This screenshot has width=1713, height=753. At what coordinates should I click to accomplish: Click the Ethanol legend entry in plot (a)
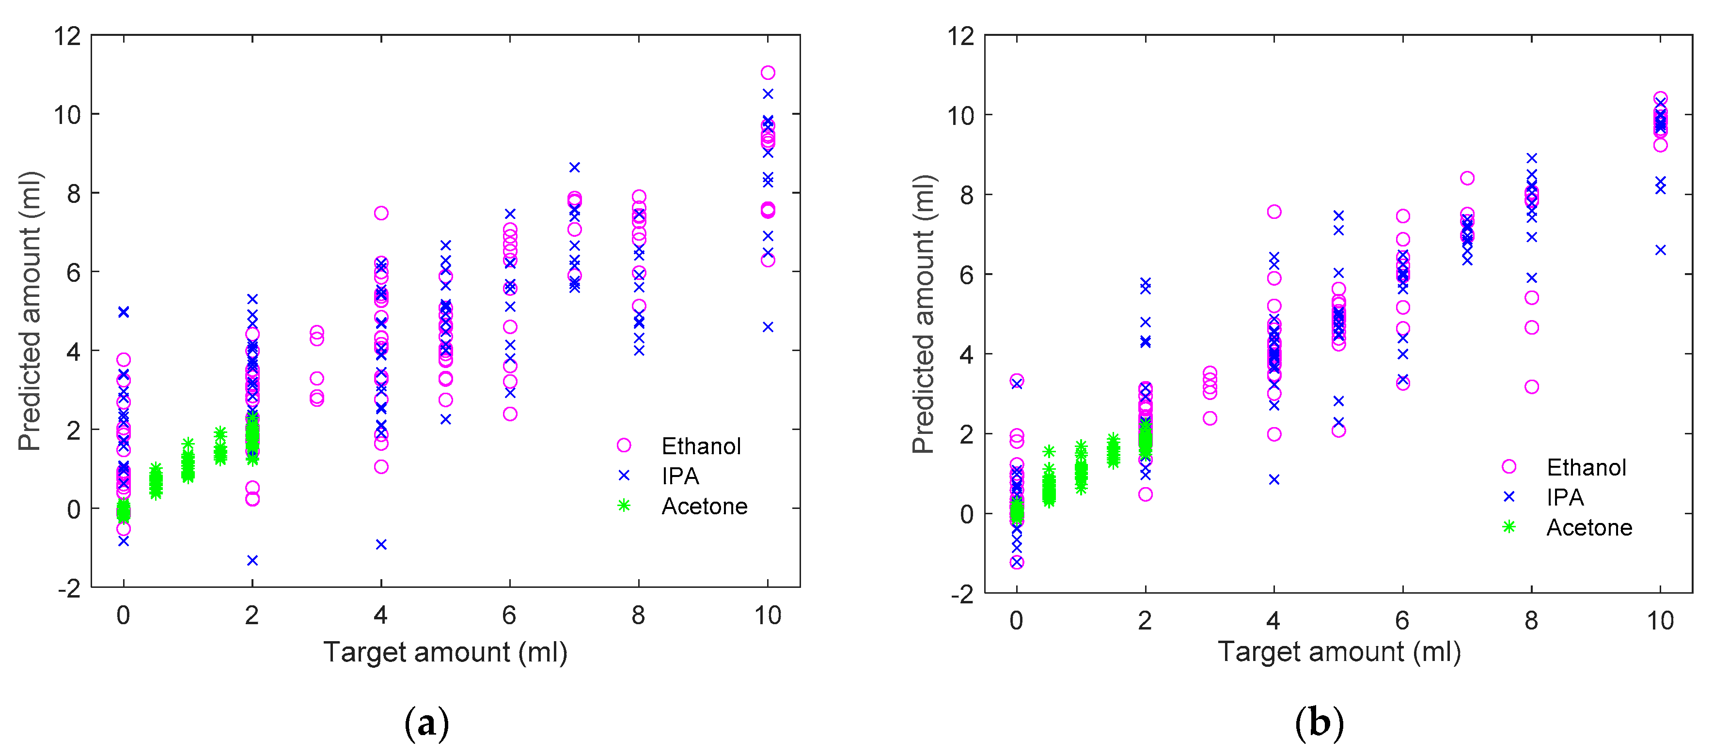point(700,446)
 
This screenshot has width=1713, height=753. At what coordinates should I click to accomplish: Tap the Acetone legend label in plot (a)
point(704,507)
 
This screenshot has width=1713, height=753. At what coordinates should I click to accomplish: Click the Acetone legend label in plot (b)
point(1588,528)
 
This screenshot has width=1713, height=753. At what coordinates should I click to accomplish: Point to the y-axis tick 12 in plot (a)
point(67,36)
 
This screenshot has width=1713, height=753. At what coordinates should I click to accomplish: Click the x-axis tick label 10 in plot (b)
point(1660,620)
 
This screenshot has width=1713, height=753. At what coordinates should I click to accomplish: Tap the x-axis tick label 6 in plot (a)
point(509,615)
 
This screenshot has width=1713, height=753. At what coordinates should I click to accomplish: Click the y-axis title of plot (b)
point(923,314)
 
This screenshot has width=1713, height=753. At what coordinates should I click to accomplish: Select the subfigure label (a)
point(426,723)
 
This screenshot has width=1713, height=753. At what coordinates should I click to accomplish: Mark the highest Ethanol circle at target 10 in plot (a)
point(768,73)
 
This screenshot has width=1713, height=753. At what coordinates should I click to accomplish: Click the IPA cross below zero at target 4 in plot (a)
point(381,544)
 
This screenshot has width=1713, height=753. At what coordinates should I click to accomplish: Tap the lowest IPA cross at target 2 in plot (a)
point(252,560)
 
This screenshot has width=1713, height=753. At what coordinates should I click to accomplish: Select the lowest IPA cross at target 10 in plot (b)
point(1661,250)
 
